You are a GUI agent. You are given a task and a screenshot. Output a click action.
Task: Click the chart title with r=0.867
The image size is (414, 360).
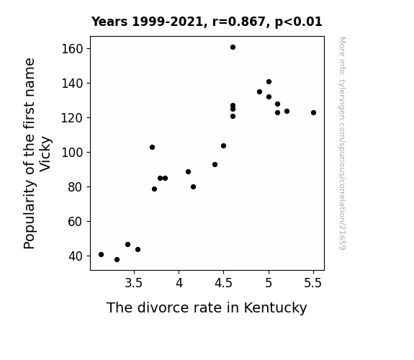(207, 22)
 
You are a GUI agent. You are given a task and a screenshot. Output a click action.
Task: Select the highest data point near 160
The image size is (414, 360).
(233, 48)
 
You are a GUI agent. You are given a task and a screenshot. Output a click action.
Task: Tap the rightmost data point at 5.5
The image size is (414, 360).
(313, 113)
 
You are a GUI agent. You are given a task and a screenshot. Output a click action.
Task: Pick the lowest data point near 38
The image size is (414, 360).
(117, 260)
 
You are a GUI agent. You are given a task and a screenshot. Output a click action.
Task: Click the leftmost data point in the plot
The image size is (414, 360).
(101, 255)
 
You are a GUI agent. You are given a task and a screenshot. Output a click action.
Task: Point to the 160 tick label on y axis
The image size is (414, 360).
(72, 49)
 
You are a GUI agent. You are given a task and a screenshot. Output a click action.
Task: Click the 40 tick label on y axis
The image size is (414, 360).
(76, 256)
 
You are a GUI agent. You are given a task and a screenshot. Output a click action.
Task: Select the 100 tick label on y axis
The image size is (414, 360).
(72, 153)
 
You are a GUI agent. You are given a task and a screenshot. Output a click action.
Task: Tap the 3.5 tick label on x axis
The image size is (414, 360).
(134, 283)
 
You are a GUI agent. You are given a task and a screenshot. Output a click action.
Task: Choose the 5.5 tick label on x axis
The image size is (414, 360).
(313, 283)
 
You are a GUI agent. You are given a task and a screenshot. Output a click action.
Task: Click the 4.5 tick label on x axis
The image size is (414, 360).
(223, 283)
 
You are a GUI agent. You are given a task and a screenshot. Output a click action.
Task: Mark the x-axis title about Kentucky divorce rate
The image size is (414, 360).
(207, 307)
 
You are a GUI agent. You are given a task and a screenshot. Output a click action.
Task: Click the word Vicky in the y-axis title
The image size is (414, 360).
(45, 153)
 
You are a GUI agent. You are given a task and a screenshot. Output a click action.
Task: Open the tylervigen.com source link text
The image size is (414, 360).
(342, 143)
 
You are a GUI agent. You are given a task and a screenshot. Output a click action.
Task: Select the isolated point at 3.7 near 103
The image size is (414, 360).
(153, 148)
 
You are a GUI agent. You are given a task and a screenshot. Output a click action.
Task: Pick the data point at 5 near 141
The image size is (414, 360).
(269, 82)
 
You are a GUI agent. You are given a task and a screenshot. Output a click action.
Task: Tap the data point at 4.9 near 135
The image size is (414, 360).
(259, 92)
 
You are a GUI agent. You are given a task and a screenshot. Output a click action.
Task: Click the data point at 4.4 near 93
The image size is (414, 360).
(215, 165)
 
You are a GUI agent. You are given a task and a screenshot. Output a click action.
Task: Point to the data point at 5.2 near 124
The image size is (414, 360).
(287, 112)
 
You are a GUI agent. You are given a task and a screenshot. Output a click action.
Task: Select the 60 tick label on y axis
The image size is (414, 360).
(76, 222)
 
